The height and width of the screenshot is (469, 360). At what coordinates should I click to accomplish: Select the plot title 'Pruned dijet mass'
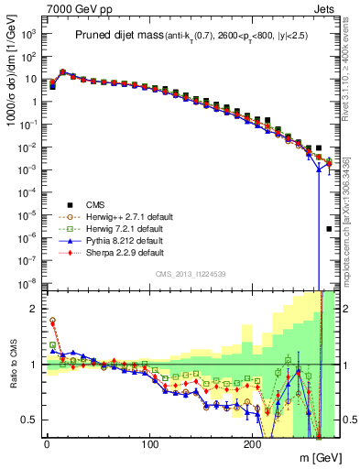(124, 36)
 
